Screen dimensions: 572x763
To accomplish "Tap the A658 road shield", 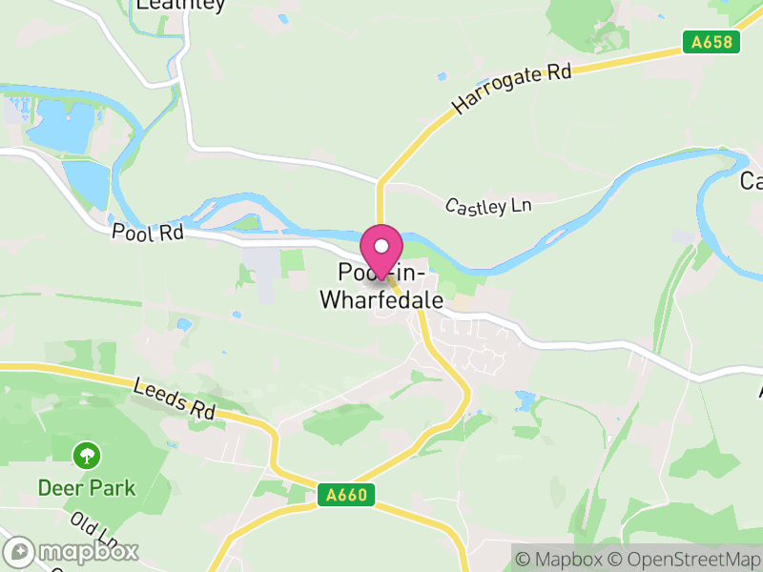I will tap(705, 43).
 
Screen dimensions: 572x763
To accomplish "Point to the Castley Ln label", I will tap(488, 205).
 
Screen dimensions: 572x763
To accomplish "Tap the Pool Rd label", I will tap(146, 232).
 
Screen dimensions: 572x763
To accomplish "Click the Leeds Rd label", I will tap(175, 398).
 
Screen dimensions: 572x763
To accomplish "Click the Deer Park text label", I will tap(87, 488).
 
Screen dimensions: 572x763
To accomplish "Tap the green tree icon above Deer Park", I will tap(87, 455).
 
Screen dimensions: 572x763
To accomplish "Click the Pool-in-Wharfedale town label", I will tap(381, 287).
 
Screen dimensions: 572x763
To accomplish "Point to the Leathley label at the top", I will tap(180, 5).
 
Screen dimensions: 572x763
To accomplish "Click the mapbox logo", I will tap(72, 551).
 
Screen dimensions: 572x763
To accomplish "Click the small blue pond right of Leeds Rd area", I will tap(525, 398).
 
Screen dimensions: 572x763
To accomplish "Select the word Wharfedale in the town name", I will tap(381, 300).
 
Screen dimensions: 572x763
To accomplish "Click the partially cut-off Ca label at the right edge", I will tap(752, 180).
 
